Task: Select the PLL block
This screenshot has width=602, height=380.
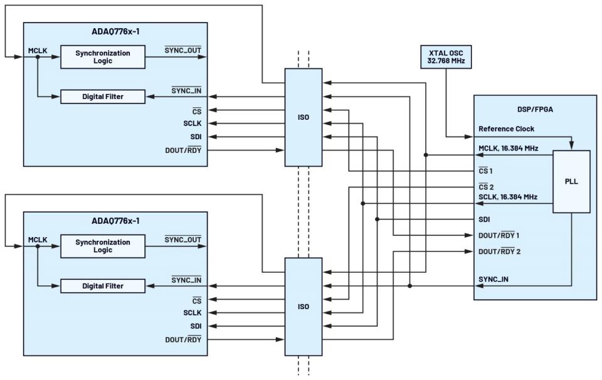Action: [571, 181]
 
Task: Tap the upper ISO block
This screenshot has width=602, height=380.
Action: [304, 117]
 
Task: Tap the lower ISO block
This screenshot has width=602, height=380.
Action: [304, 307]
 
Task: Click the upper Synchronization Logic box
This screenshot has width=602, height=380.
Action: [103, 57]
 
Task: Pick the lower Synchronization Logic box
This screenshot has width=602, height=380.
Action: [103, 246]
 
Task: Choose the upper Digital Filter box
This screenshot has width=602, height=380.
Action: [103, 97]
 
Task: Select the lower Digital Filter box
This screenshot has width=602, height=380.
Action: [103, 286]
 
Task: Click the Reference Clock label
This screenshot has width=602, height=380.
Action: [506, 129]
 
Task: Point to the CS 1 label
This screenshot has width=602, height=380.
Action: [486, 171]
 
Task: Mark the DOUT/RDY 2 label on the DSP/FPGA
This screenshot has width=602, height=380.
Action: [500, 251]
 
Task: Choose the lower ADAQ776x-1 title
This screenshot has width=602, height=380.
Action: [115, 221]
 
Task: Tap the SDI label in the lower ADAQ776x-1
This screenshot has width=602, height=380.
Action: [195, 326]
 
